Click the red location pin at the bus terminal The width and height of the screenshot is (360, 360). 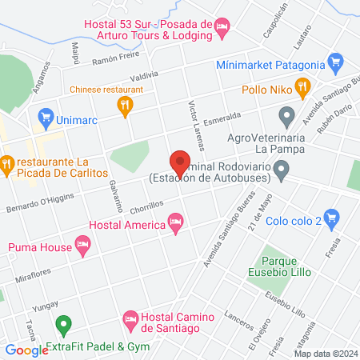click(x=180, y=162)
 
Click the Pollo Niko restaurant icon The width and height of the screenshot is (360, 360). click(x=302, y=86)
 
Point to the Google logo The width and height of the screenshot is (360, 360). click(x=26, y=350)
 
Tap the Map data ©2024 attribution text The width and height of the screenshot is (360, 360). click(x=324, y=353)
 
